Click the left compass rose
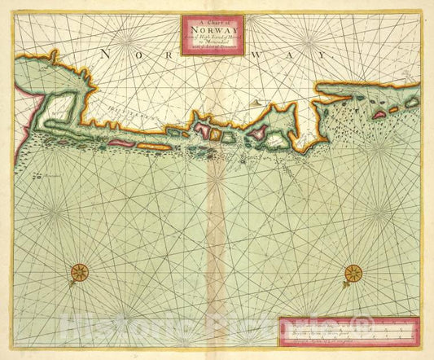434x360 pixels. [x=80, y=273]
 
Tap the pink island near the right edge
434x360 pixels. [x=379, y=116]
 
